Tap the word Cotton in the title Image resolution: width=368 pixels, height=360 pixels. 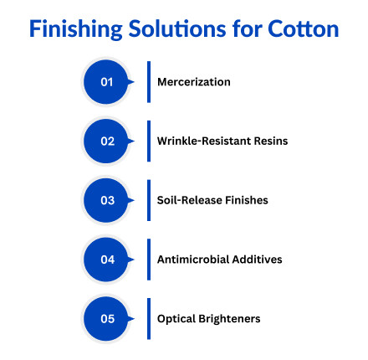point(304,28)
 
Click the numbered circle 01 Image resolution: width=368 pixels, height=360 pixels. point(107,82)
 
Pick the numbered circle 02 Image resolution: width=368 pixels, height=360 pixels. point(107,141)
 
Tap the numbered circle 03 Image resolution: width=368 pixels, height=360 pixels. point(107,200)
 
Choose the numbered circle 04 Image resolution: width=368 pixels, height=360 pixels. point(107,260)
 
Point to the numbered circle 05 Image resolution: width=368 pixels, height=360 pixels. point(107,318)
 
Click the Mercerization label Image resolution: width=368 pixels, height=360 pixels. point(193,82)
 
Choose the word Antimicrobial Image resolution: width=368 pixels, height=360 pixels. point(194,260)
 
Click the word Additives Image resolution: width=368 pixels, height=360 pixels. point(258,260)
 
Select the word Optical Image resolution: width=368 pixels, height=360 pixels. point(175,318)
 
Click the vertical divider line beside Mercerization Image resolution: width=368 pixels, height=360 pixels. point(147,82)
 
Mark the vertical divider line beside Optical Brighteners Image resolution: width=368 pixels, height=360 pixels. point(147,318)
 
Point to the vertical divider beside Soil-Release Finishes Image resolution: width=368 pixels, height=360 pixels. point(147,200)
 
